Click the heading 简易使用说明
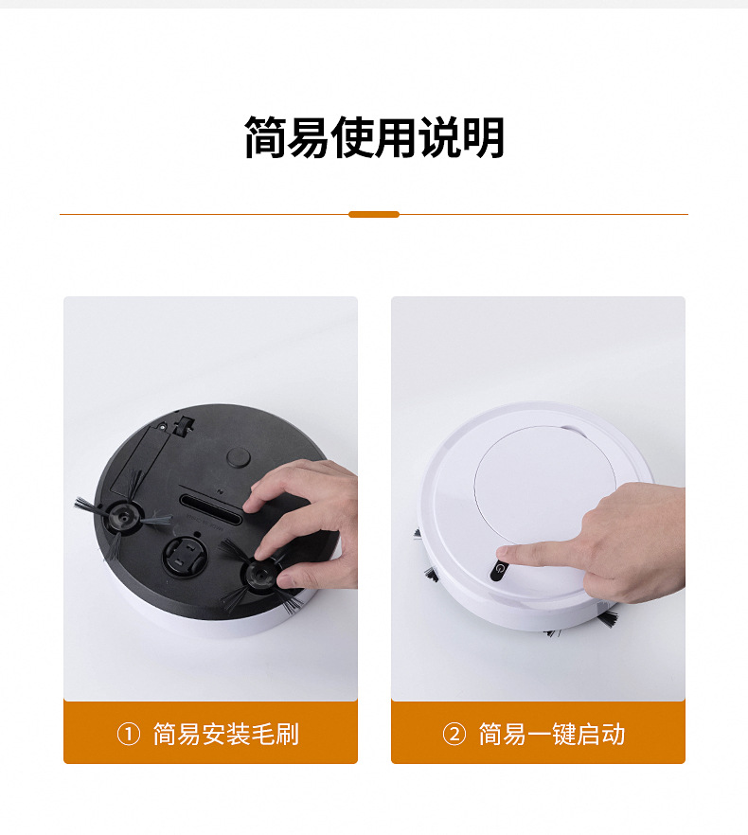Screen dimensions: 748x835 374,137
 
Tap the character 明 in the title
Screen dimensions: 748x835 483,137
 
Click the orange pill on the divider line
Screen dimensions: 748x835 374,215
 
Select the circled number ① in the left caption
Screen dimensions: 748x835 129,735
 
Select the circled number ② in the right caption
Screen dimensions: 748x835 454,735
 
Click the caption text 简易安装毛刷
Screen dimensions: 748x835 226,735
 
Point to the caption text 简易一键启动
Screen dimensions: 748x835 552,735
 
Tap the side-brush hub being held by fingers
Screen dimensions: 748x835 261,574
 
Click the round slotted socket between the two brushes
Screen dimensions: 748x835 184,556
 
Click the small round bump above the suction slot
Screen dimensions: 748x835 239,457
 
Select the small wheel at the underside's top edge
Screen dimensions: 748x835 185,427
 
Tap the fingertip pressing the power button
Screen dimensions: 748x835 505,554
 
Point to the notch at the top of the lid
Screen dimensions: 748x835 573,430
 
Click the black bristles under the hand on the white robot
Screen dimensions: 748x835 607,617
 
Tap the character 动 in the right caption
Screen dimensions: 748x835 614,735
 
